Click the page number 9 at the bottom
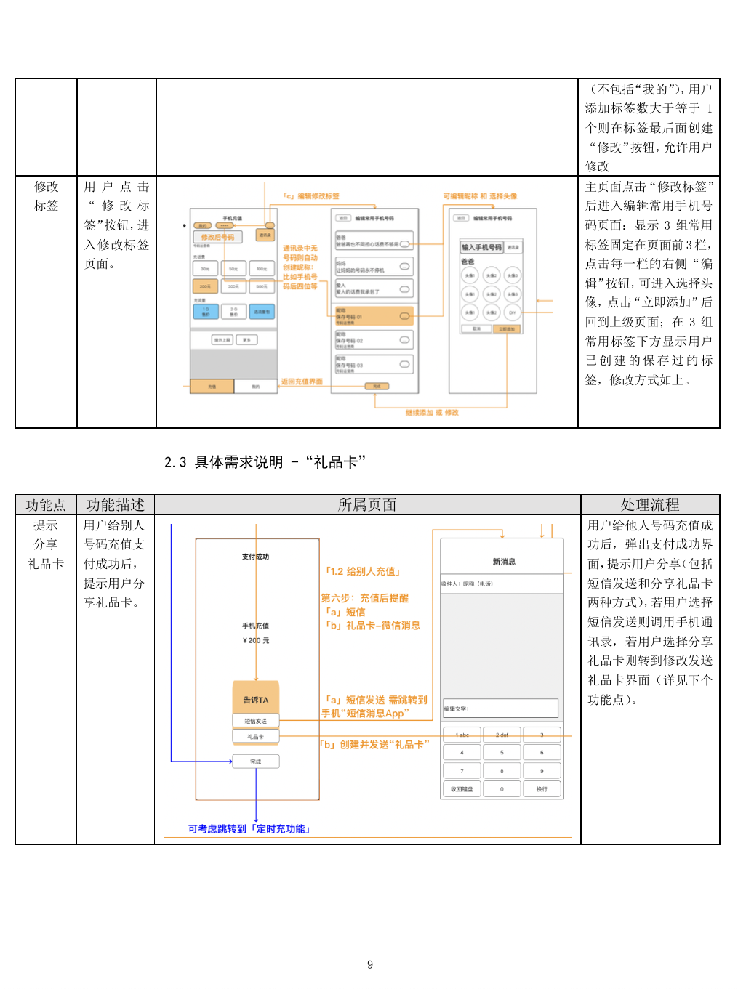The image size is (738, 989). coord(370,964)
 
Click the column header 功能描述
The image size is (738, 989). coord(115,505)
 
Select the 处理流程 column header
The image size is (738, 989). coord(649,505)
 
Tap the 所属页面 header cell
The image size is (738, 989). coord(367,505)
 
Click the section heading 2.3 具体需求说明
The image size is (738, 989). coord(265,462)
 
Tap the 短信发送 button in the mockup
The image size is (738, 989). coord(256,721)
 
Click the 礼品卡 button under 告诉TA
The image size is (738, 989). coord(256,737)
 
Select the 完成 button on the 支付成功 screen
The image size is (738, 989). coord(256,762)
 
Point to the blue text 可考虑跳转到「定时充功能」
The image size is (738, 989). coord(249,829)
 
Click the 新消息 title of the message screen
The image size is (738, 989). coord(503,562)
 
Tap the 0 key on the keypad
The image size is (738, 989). coord(502,788)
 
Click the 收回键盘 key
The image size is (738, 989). coord(462,788)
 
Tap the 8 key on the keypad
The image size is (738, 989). coord(502,770)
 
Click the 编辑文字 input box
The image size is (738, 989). coord(501,709)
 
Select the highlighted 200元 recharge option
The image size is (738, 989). coord(205,287)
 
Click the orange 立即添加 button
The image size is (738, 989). coord(506,329)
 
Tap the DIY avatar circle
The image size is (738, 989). coord(513,312)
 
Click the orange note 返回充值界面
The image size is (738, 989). coord(302,382)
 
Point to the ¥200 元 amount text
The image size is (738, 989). coord(256,640)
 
